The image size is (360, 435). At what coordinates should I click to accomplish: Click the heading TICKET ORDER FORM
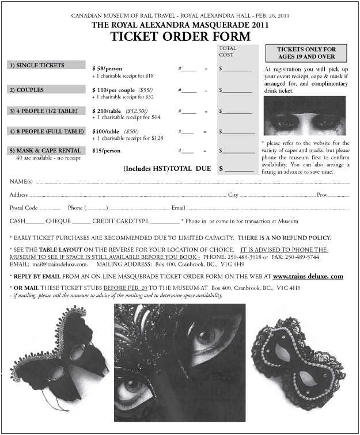pyautogui.click(x=180, y=36)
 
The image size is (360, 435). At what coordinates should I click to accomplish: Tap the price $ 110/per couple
pyautogui.click(x=113, y=90)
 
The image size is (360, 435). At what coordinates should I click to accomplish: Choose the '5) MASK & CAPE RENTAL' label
pyautogui.click(x=44, y=151)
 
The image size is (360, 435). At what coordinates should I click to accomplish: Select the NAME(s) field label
pyautogui.click(x=21, y=182)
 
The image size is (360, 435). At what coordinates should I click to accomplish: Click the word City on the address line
pyautogui.click(x=233, y=195)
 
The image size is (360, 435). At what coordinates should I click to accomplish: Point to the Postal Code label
pyautogui.click(x=24, y=208)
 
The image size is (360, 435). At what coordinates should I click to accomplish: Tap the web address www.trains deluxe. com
pyautogui.click(x=308, y=276)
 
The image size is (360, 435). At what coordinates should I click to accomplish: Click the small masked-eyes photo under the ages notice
pyautogui.click(x=304, y=115)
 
